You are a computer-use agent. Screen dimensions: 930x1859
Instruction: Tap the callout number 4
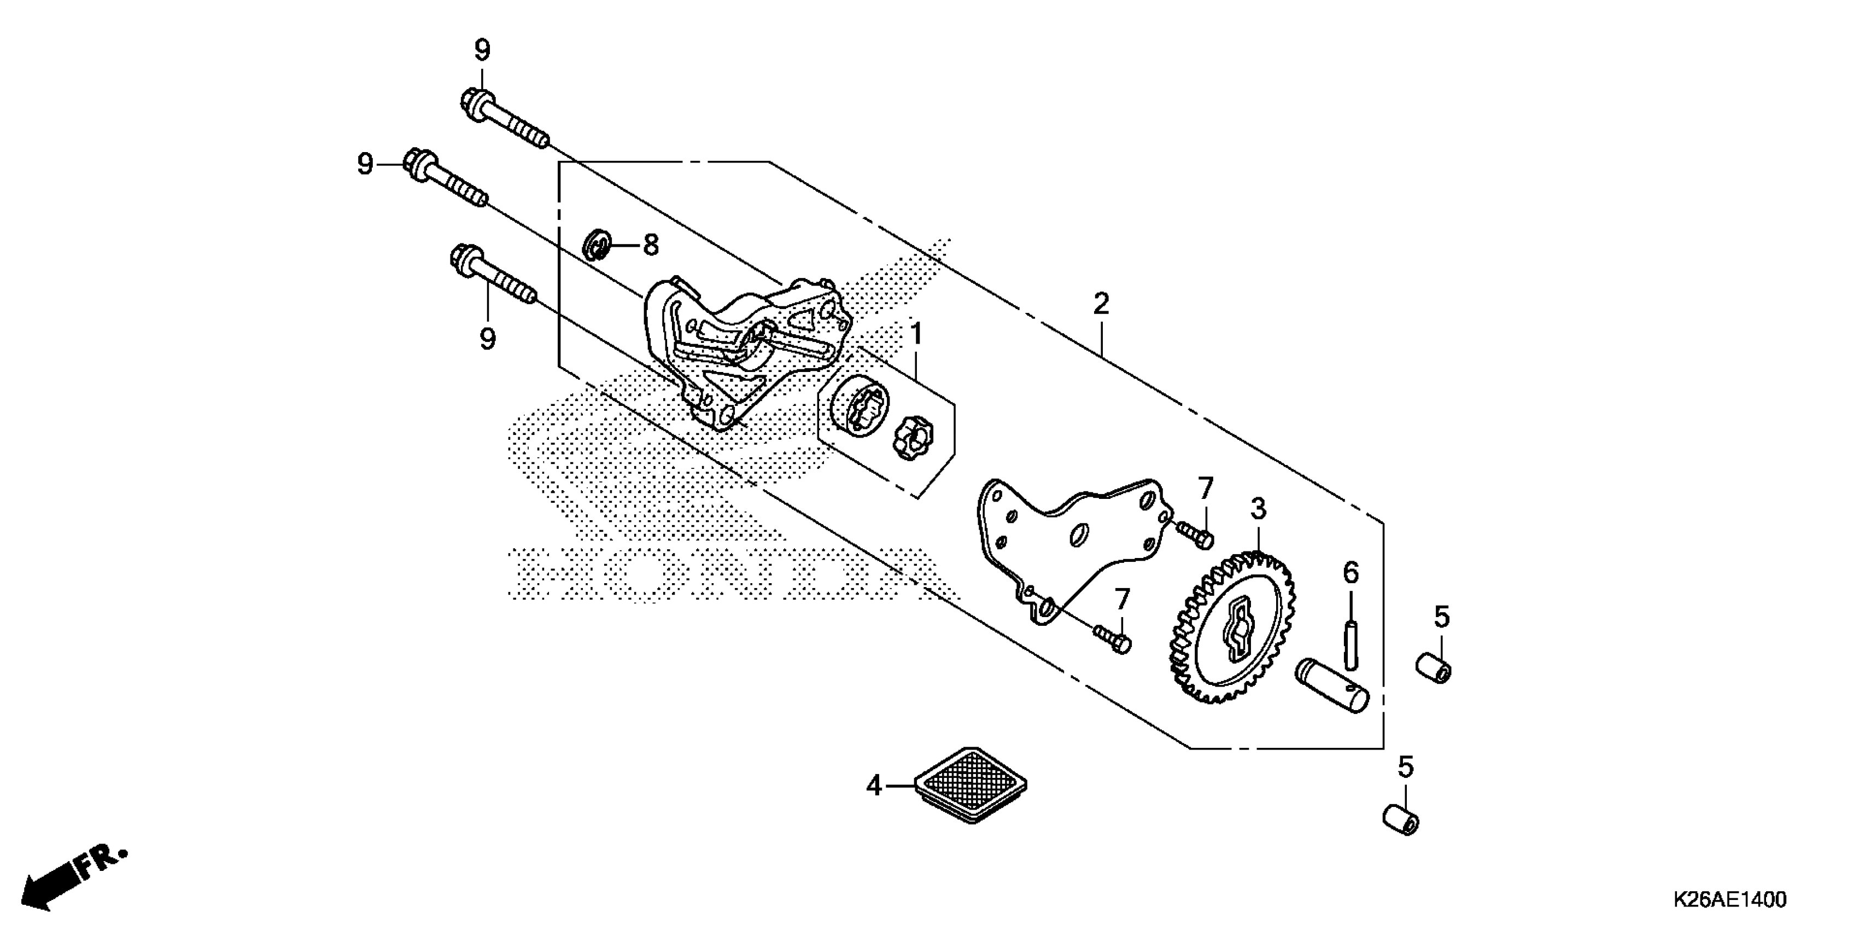(874, 785)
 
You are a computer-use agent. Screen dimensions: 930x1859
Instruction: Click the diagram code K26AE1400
(1728, 900)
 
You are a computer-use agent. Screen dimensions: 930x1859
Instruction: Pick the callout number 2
(1101, 304)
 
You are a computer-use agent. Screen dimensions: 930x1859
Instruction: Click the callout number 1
(916, 334)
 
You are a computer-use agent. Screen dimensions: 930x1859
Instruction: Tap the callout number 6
(1350, 573)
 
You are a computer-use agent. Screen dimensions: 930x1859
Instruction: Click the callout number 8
(651, 246)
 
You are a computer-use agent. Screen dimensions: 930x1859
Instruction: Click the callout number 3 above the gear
(1258, 509)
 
